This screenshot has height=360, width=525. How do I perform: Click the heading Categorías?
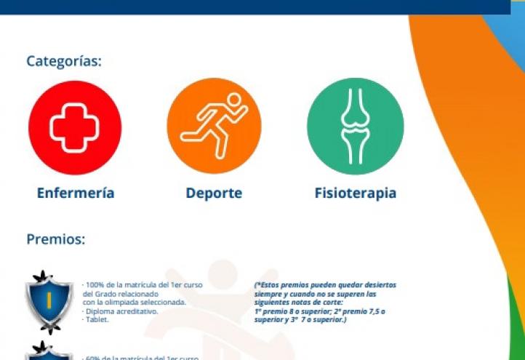click(x=64, y=61)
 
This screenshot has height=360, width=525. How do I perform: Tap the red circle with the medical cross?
click(x=75, y=127)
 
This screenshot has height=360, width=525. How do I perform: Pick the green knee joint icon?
click(x=354, y=127)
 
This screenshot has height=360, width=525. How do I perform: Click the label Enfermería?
click(x=75, y=193)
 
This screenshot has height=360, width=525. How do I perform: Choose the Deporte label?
click(x=214, y=193)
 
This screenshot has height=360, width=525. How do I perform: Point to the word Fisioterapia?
click(x=355, y=193)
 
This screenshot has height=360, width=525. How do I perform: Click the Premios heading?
click(x=56, y=239)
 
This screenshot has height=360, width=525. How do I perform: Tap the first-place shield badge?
click(x=49, y=300)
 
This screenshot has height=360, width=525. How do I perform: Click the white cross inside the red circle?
click(x=75, y=127)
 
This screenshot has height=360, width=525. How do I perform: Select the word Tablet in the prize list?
click(x=96, y=320)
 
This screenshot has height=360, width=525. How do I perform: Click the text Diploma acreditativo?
click(x=121, y=311)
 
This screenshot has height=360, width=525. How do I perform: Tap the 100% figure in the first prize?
click(x=94, y=285)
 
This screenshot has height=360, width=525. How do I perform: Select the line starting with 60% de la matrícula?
click(x=142, y=357)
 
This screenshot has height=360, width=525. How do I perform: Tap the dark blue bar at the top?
click(x=255, y=7)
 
